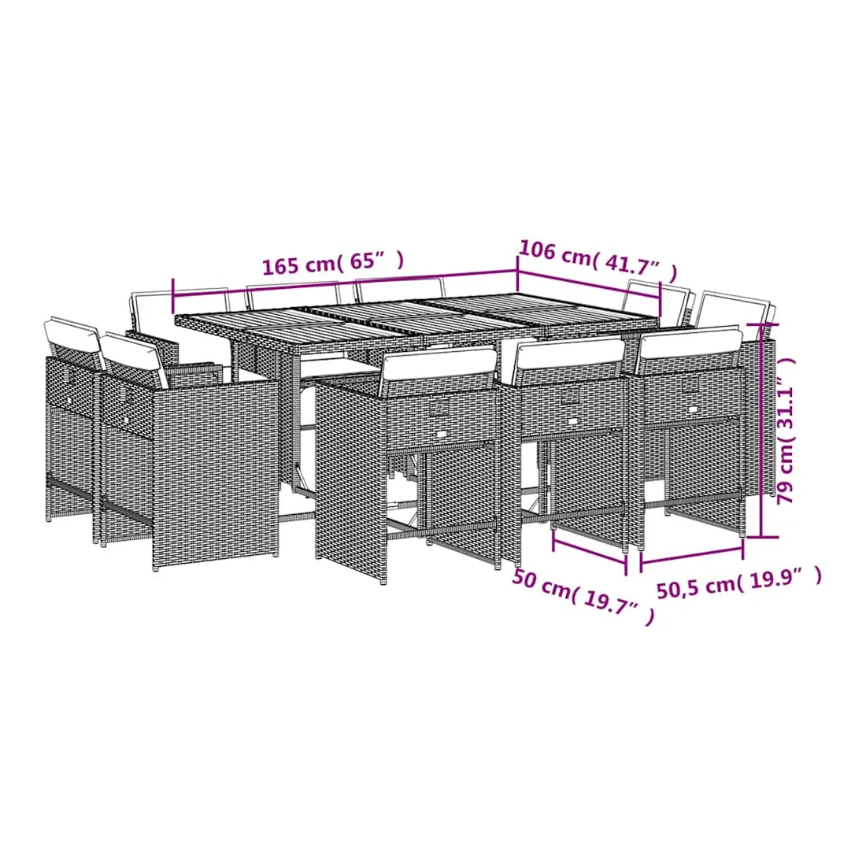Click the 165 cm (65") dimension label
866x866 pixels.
click(x=333, y=261)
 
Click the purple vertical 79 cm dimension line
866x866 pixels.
click(x=761, y=429)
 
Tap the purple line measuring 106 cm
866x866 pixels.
click(x=589, y=285)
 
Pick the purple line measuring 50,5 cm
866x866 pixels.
click(x=691, y=555)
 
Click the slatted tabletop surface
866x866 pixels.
click(x=417, y=320)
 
